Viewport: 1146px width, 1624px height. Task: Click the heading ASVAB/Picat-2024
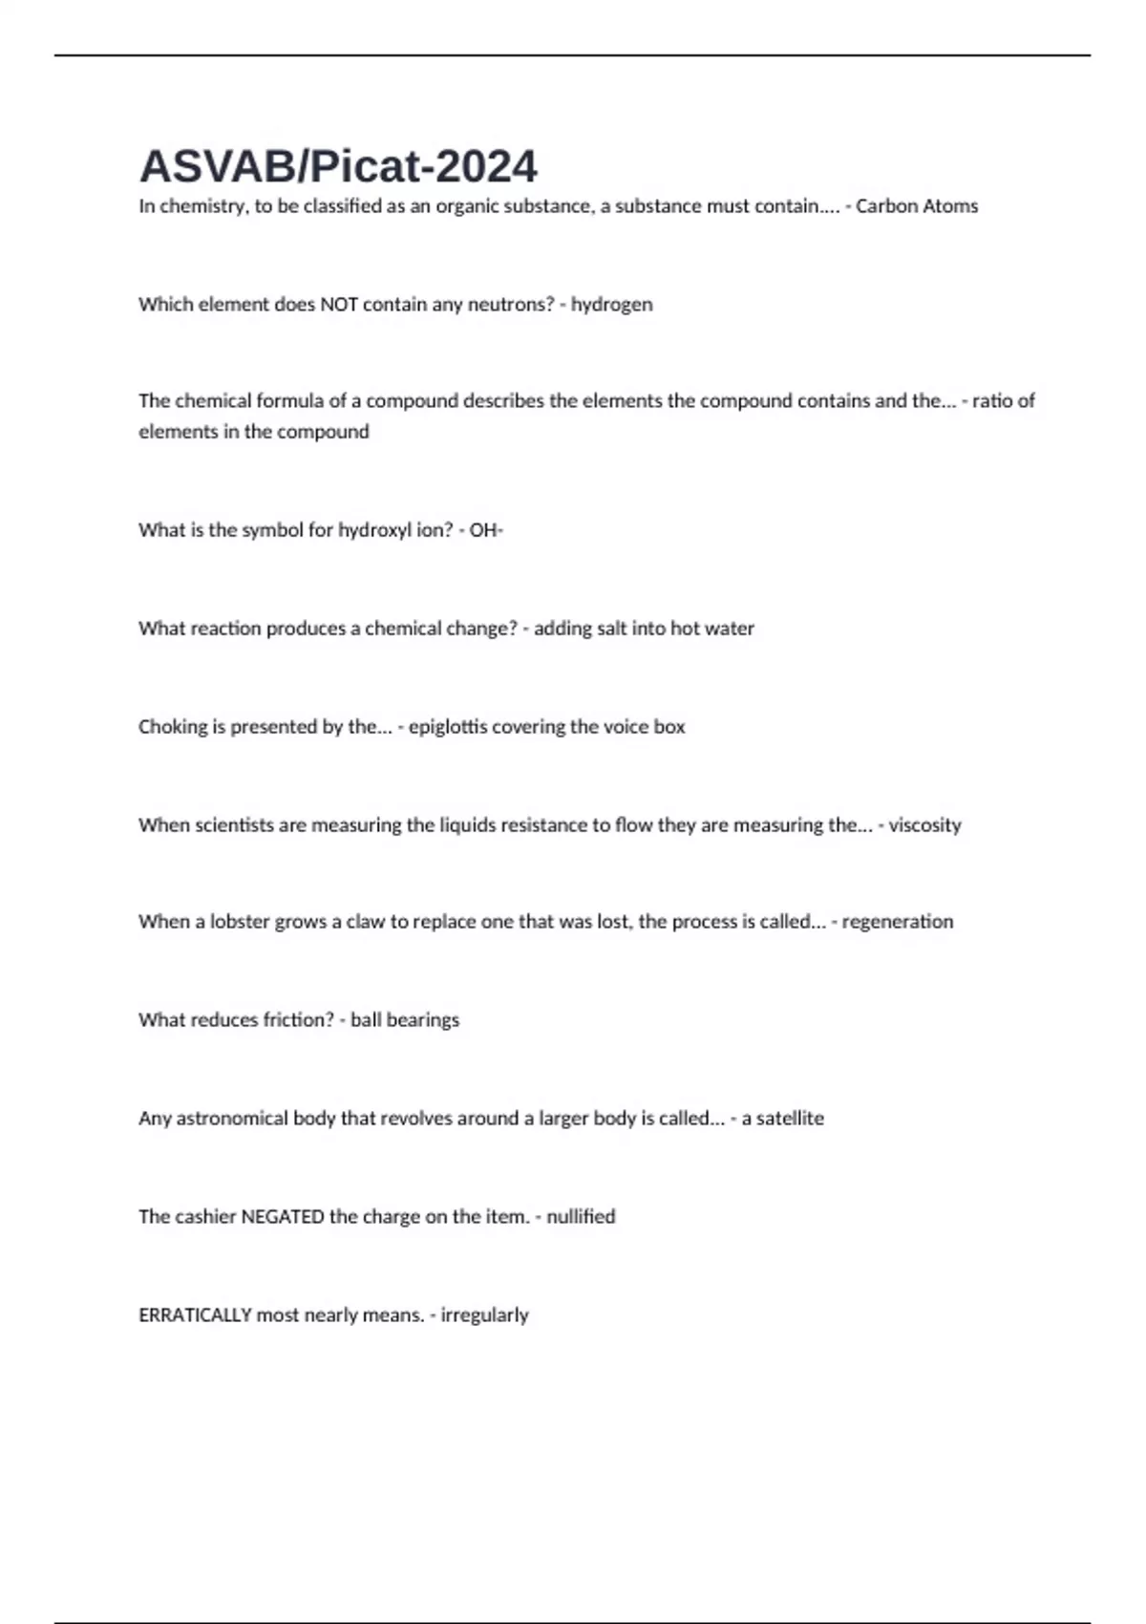point(338,166)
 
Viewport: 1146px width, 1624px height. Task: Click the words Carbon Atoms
point(917,206)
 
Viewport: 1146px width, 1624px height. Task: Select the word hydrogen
point(611,305)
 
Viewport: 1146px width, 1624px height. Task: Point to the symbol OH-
point(486,530)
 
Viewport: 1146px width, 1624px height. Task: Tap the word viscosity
point(924,825)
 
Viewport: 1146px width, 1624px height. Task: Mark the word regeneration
point(897,922)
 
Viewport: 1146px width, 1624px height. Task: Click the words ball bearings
point(405,1020)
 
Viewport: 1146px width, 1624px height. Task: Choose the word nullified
point(581,1217)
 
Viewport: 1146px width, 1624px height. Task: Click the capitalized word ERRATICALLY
point(195,1315)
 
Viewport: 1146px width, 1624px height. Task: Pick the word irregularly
point(484,1315)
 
